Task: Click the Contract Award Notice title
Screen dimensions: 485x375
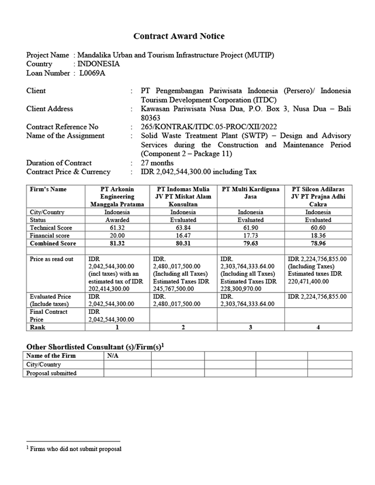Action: pos(179,36)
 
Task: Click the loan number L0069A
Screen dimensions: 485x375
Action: pos(92,73)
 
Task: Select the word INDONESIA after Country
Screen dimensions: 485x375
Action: pos(98,64)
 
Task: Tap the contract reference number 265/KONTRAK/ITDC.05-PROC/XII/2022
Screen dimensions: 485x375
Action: pos(208,127)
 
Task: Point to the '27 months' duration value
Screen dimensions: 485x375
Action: pos(157,163)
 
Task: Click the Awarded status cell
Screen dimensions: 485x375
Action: pos(117,220)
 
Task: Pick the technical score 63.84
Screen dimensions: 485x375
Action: pos(183,228)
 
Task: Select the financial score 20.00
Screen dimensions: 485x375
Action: pos(117,235)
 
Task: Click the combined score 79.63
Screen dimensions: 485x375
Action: pos(251,243)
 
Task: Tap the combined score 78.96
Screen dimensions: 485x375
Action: pos(318,243)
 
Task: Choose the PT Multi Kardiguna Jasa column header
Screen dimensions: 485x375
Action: pos(251,193)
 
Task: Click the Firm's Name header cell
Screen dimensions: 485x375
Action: pos(48,189)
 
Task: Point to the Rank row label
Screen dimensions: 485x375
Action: pos(37,327)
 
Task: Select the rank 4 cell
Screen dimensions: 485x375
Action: pos(318,327)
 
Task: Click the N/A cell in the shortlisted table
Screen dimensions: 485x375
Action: pos(113,356)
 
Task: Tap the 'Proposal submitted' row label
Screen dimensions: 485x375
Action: pos(51,373)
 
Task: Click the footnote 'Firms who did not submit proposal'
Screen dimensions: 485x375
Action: pos(75,449)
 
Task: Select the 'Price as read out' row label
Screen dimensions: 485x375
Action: pos(51,259)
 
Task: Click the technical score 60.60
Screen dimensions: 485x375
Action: pos(318,228)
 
